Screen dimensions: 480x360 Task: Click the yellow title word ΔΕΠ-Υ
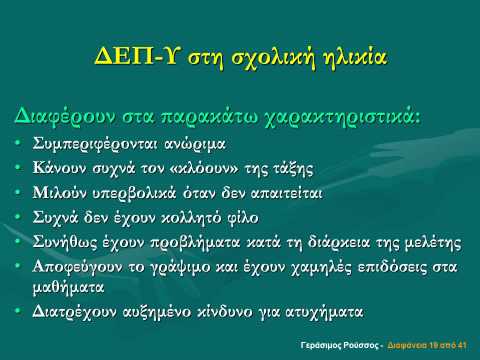136,56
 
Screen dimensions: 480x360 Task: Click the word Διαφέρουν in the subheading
65,118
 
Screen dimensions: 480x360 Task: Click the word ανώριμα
195,144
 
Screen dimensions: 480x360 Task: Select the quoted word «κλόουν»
204,168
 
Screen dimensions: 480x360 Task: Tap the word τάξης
293,169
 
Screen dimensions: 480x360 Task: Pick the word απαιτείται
286,193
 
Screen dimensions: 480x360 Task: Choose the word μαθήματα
68,287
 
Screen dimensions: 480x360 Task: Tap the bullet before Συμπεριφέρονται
18,143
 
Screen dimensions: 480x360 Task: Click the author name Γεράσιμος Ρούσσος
340,345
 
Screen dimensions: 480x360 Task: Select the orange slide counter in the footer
427,345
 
